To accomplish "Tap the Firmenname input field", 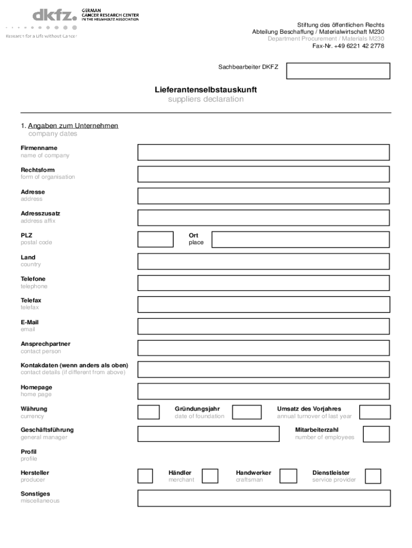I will point(263,153).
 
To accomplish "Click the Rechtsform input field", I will point(263,174).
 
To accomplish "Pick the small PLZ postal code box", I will point(156,239).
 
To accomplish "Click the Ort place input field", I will point(301,239).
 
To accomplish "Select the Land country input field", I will point(263,261).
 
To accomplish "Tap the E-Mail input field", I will point(263,326).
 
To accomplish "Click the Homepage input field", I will point(263,391).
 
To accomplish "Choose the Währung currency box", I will point(148,412).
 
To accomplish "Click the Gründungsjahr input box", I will point(247,412).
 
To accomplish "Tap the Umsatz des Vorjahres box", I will point(375,412).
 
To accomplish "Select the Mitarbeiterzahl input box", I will point(376,433).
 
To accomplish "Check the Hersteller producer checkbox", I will point(145,476).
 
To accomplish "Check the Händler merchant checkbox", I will point(210,476).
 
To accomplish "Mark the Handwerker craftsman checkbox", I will point(288,476).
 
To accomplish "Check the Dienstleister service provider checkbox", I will point(373,476).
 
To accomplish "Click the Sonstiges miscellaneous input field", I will point(263,498).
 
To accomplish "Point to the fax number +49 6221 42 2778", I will point(348,46).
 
